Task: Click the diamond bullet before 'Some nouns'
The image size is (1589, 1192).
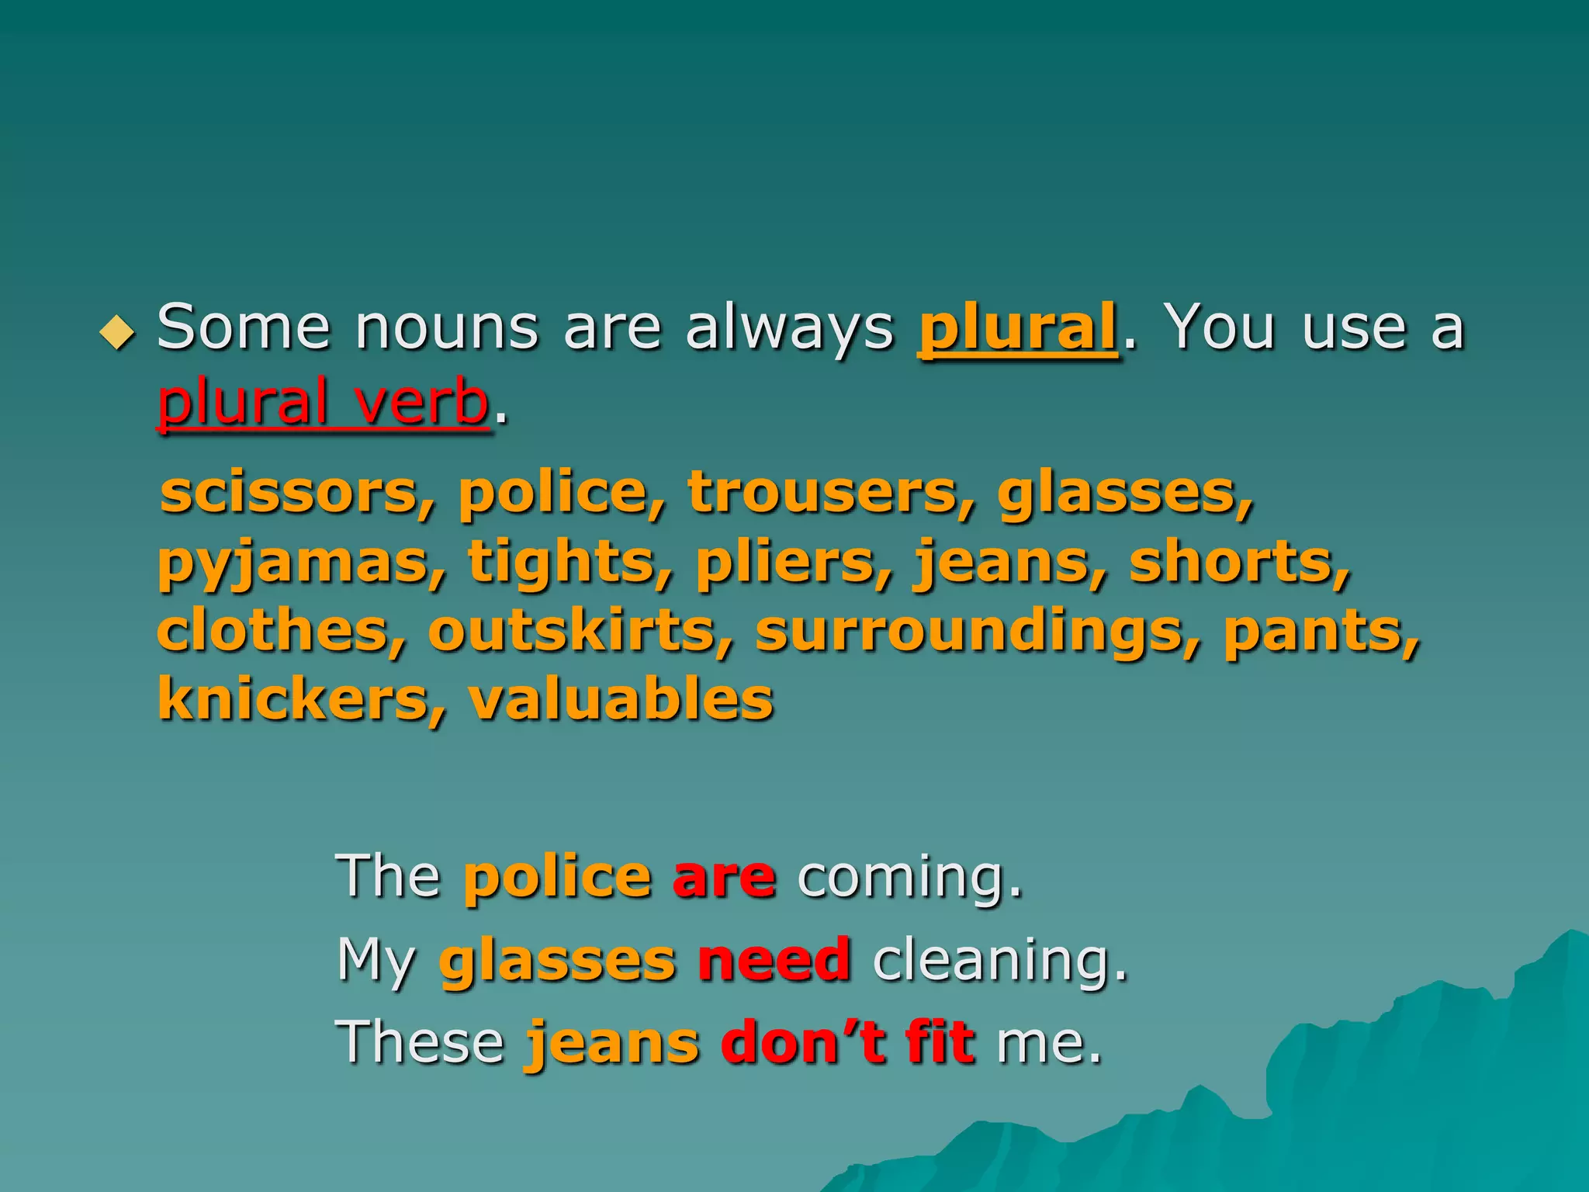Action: (117, 333)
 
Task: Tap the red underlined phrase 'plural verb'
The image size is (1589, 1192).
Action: (323, 402)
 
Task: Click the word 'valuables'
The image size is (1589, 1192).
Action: (621, 698)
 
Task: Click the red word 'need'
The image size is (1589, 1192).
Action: (774, 960)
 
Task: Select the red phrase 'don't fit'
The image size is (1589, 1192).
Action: (847, 1042)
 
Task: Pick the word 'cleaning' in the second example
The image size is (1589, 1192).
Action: (999, 962)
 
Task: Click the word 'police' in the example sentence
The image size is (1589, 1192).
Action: (557, 877)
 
